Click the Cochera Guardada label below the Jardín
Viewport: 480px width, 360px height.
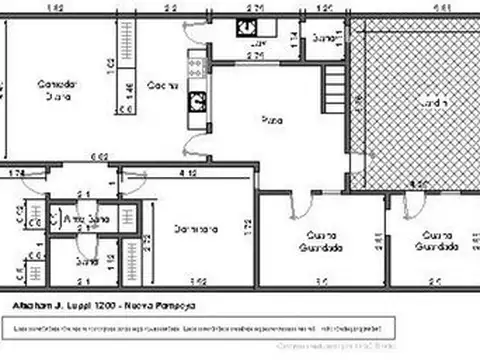[437, 241]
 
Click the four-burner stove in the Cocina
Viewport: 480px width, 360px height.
[195, 68]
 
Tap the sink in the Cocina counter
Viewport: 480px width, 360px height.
[197, 100]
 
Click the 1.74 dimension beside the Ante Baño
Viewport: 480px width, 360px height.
[17, 174]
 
